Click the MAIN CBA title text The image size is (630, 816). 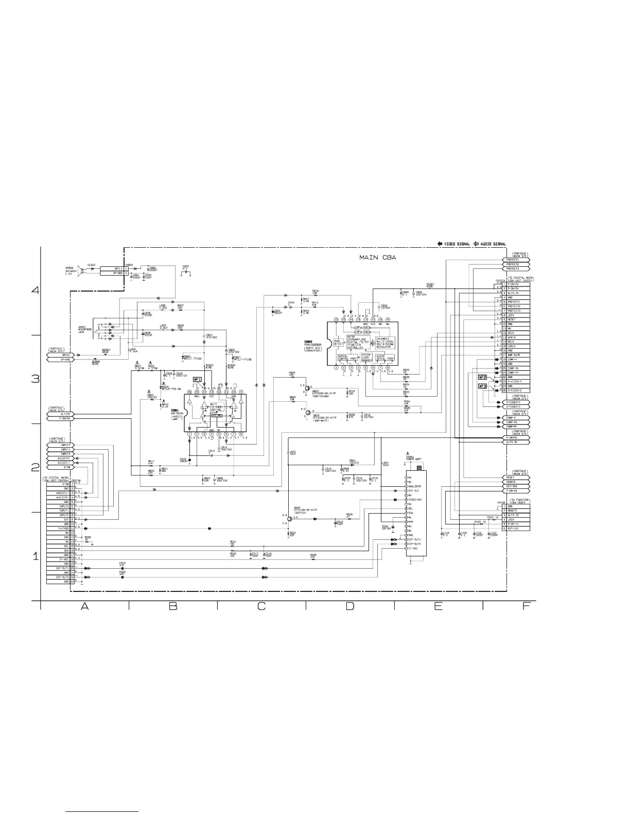(378, 257)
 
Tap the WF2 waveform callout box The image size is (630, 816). (483, 377)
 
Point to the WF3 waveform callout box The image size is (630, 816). (483, 386)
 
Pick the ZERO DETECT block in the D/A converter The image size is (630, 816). (338, 342)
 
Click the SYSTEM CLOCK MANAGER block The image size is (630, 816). (366, 358)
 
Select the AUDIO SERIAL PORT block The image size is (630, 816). (385, 356)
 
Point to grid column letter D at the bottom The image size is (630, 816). (349, 606)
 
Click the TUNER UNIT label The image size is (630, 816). (414, 458)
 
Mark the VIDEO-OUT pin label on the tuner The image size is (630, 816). (415, 500)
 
